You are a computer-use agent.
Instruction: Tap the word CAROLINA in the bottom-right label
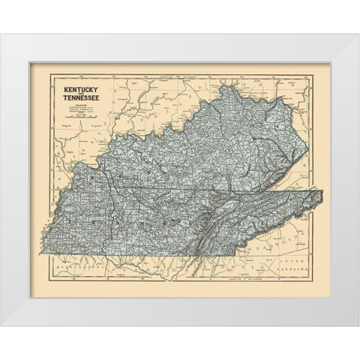295,267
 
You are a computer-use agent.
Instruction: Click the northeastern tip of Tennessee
324,192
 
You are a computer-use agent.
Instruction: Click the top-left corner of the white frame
2,32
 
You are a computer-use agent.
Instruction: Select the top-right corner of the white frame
357,32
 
